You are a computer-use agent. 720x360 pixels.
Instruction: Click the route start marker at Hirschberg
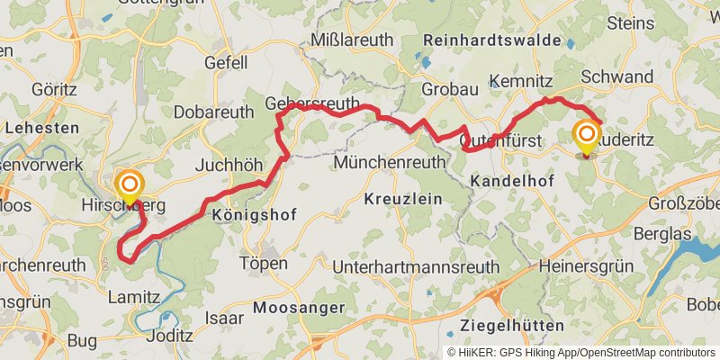pos(129,186)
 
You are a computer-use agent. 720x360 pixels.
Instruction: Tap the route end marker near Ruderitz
pos(587,138)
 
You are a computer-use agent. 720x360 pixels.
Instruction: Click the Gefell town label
pos(226,63)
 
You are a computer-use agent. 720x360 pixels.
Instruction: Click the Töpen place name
pos(264,264)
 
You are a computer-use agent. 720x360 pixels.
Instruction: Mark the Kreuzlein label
pos(404,199)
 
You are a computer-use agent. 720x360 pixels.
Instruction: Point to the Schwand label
pos(617,77)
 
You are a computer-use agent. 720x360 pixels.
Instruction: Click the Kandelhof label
pos(510,181)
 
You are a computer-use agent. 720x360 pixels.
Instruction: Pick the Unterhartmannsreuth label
pos(416,267)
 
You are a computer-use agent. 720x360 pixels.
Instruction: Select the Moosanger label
pos(300,308)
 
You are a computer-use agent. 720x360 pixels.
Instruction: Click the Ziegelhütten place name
pos(512,325)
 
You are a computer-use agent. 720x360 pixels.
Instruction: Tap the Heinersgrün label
pos(585,266)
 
